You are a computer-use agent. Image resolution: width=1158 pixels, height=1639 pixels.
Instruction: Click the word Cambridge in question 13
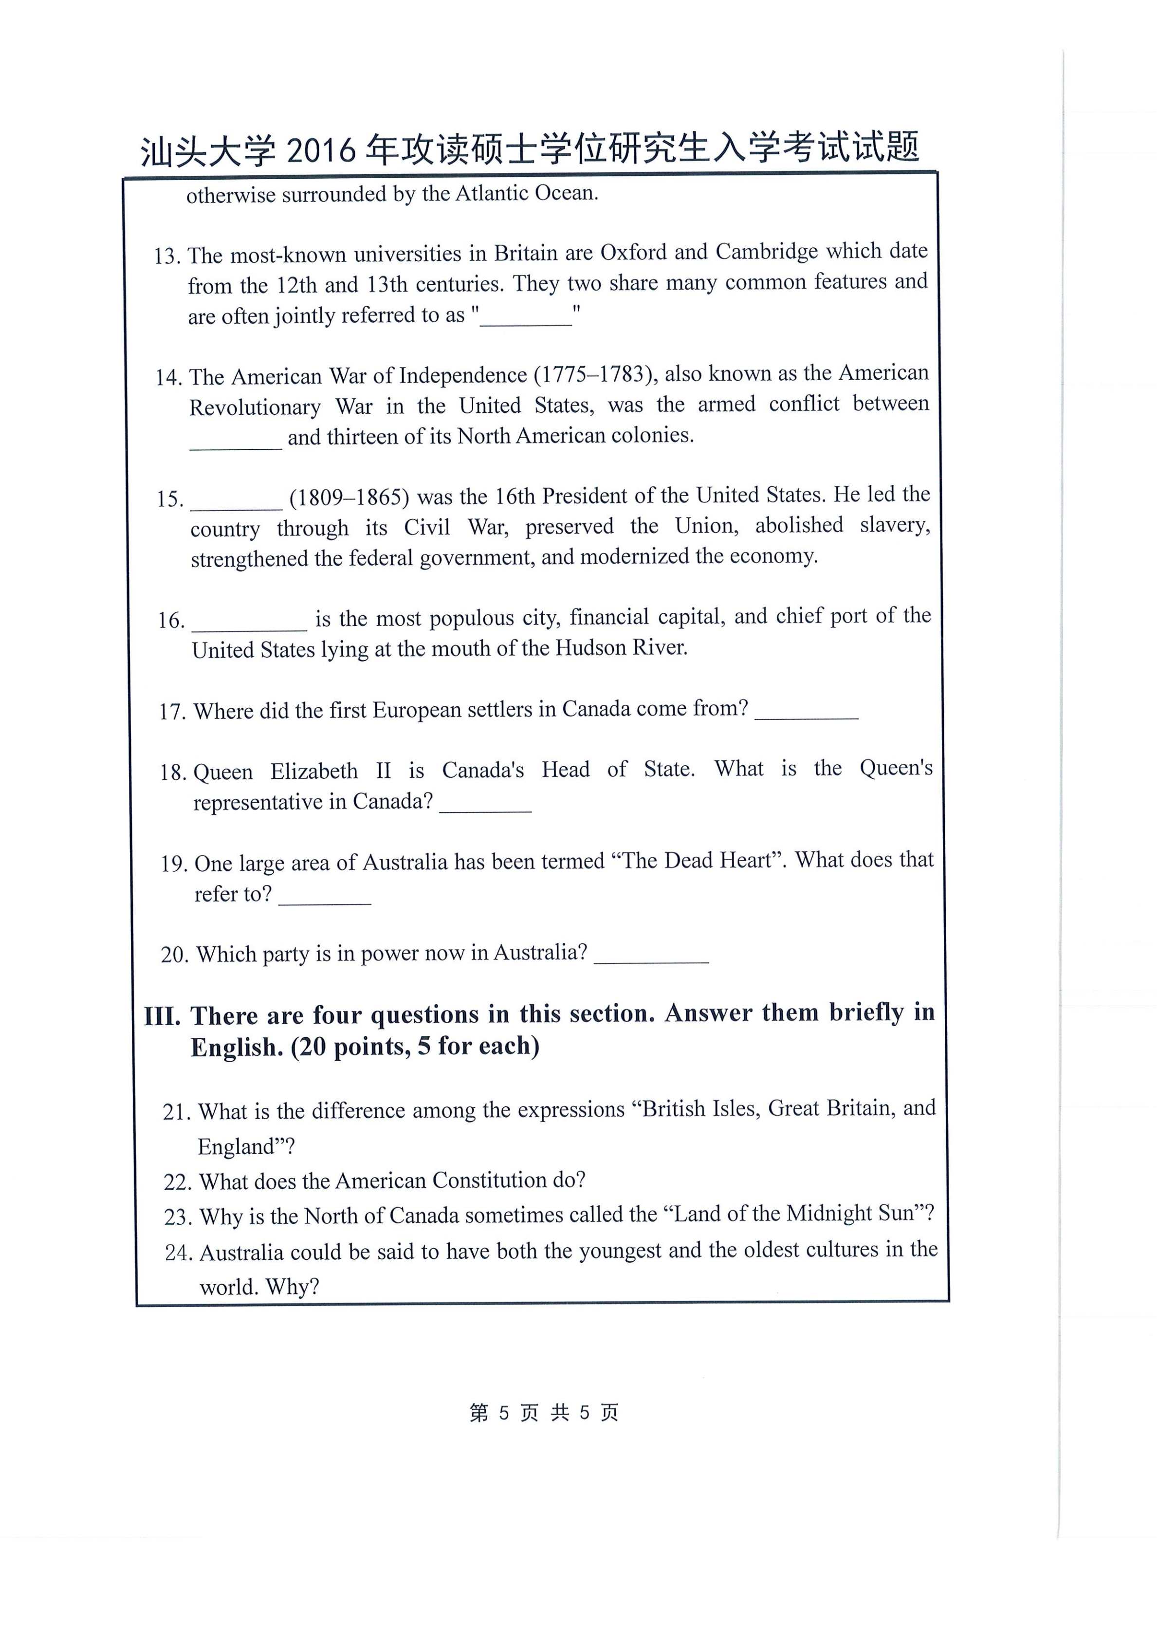pyautogui.click(x=767, y=251)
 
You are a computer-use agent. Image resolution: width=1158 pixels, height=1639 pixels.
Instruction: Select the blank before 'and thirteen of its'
pyautogui.click(x=236, y=441)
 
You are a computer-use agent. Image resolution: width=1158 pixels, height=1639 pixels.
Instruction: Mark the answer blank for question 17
pyautogui.click(x=806, y=713)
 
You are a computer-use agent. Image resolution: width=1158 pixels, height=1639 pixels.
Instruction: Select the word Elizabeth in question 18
pyautogui.click(x=314, y=771)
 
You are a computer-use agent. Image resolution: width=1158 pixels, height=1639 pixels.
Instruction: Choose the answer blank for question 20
pyautogui.click(x=651, y=957)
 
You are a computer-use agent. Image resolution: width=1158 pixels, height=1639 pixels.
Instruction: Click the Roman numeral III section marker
pyautogui.click(x=162, y=1016)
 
